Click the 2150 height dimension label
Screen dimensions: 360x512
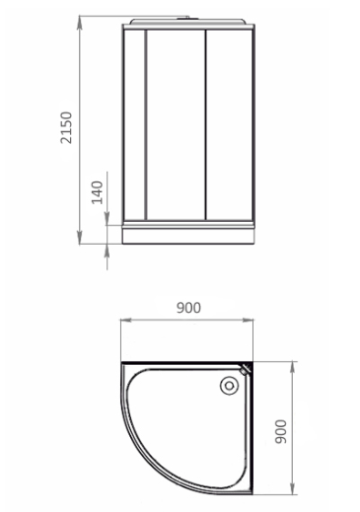pos(66,127)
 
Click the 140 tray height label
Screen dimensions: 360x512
pos(97,192)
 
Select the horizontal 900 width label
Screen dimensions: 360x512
pos(188,308)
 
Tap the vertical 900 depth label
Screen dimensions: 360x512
pos(281,431)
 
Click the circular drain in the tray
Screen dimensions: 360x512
pos(229,386)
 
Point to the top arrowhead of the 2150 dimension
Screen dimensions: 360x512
pos(80,22)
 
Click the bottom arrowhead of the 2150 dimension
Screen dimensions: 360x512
pos(80,238)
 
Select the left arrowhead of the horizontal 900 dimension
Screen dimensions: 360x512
pos(126,320)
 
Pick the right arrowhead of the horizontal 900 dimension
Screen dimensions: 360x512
pos(248,320)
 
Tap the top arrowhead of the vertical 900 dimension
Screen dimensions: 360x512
pos(292,368)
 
